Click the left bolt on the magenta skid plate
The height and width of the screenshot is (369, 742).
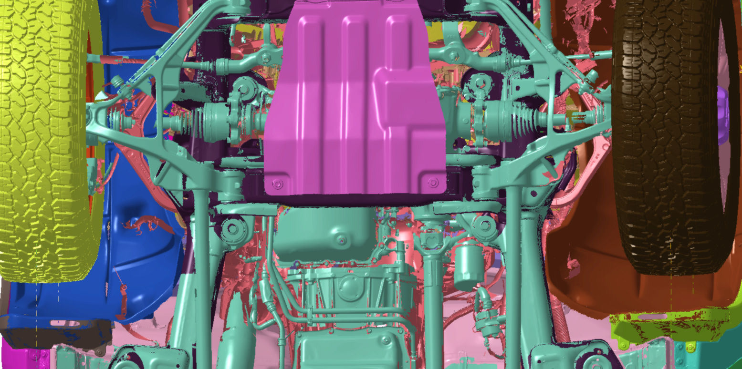pyautogui.click(x=278, y=184)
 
